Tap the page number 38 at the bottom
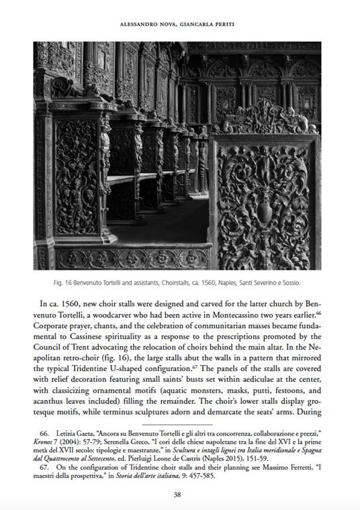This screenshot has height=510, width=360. click(180, 495)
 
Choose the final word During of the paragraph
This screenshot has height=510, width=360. click(304, 432)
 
